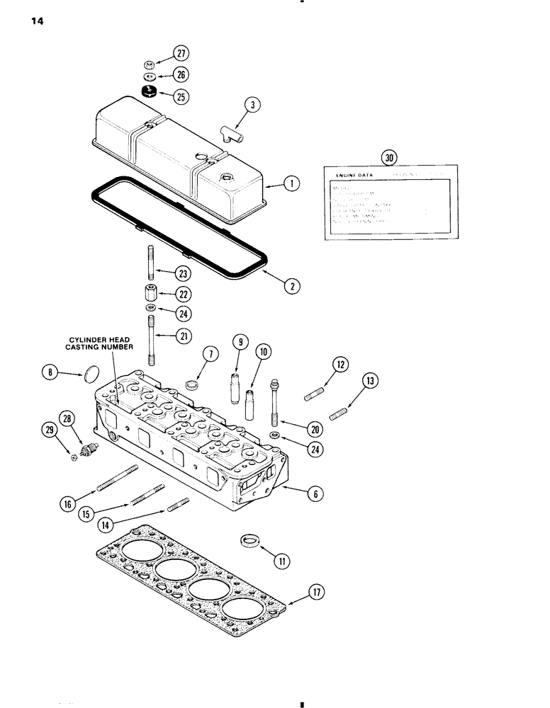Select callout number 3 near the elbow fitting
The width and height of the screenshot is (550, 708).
pos(253,105)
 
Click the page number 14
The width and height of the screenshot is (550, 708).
pos(37,22)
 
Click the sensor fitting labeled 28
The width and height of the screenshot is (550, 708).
pos(89,447)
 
